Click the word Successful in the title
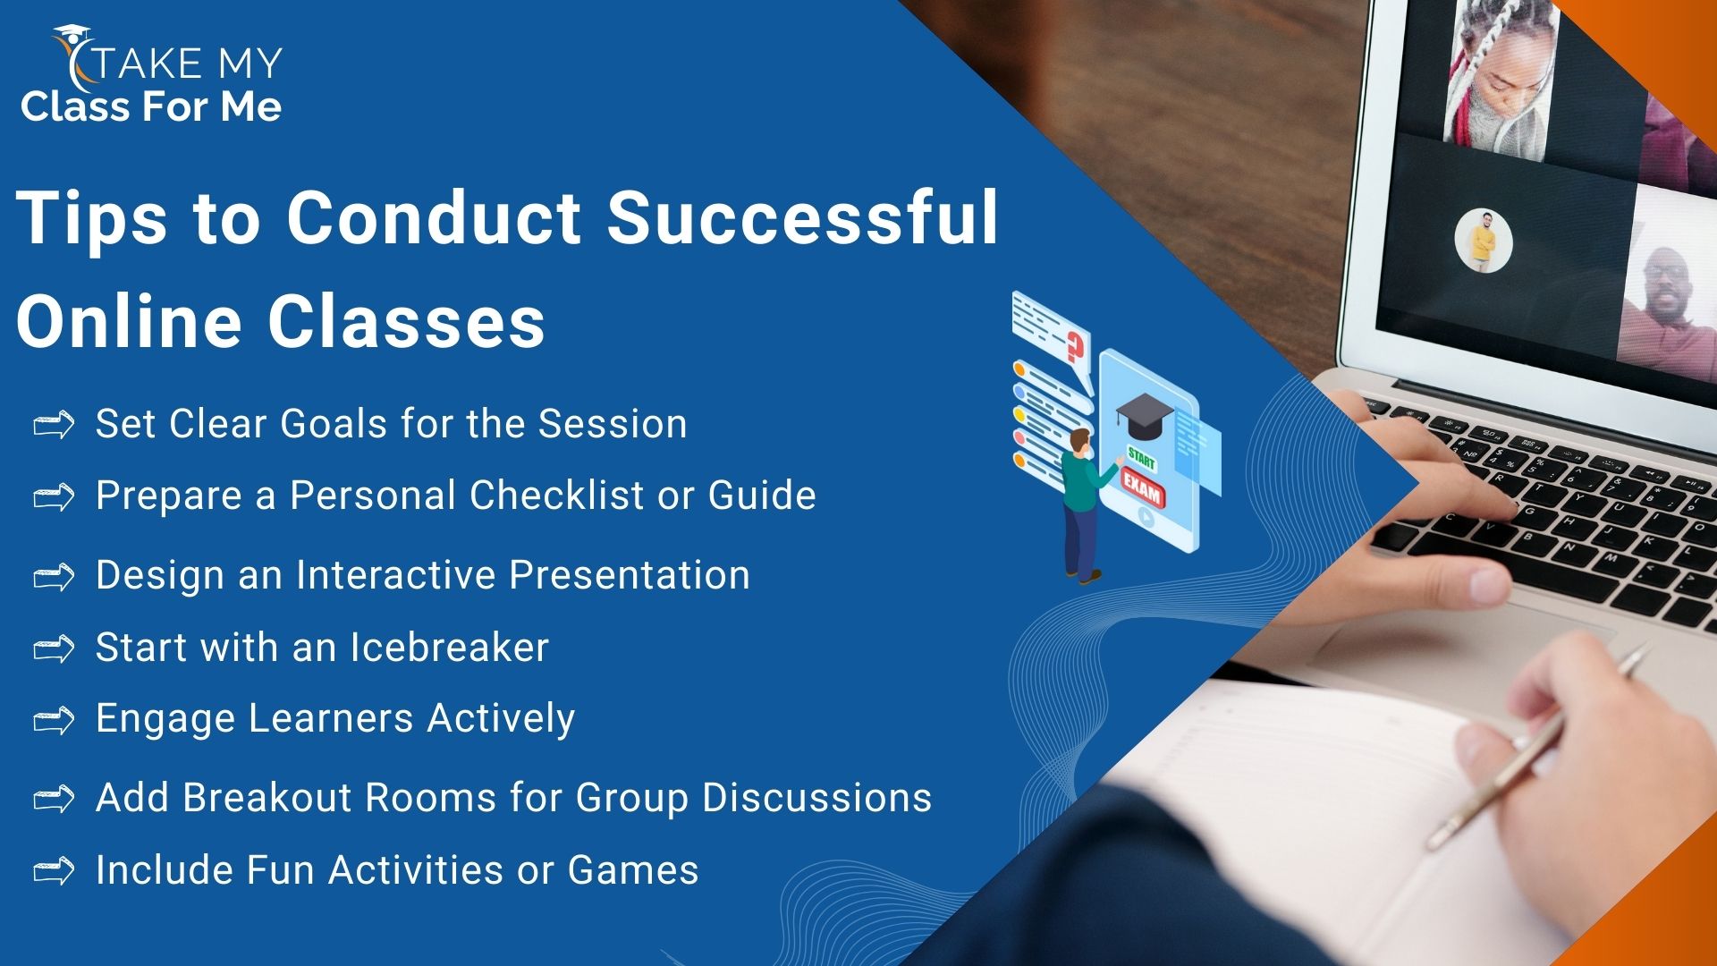click(802, 216)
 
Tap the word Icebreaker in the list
click(449, 647)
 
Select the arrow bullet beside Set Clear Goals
click(54, 426)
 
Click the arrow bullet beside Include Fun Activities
click(54, 871)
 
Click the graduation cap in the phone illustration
click(1144, 415)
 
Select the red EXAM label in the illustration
click(1142, 491)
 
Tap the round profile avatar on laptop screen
click(1483, 241)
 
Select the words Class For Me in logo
click(151, 106)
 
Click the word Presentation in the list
click(630, 574)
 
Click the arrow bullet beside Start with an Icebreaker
click(54, 648)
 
